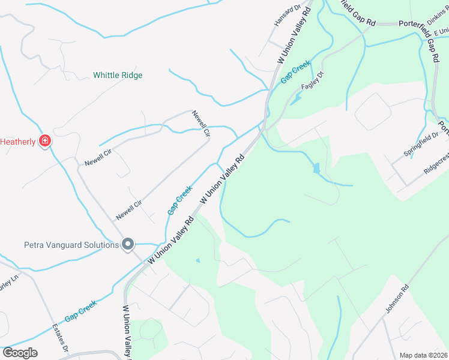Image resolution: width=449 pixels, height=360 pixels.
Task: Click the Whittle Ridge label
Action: point(118,76)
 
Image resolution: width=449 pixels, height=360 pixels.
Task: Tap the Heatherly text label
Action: point(19,142)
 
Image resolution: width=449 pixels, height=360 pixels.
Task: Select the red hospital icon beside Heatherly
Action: point(44,142)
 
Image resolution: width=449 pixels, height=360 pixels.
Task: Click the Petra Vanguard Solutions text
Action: point(71,244)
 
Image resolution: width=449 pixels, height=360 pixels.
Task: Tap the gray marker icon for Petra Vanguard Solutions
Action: point(127,244)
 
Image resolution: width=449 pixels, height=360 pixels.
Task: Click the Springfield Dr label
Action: point(421,144)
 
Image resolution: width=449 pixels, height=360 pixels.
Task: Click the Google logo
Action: point(20,353)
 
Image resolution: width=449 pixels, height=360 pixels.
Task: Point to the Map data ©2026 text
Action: point(423,355)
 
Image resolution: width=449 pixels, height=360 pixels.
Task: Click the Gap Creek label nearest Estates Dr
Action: point(80,311)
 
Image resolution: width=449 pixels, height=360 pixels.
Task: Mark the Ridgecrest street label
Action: point(436,166)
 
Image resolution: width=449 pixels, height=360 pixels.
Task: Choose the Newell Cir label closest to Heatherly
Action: point(98,159)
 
